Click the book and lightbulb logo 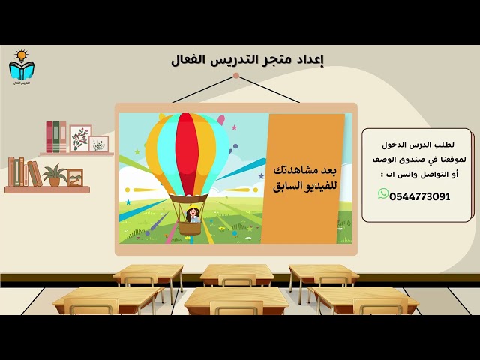[x=21, y=67]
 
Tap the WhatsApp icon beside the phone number [x=383, y=194]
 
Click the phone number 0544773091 [x=420, y=196]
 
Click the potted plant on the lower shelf [x=54, y=175]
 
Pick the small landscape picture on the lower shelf [x=75, y=178]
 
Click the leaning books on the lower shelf [x=24, y=172]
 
